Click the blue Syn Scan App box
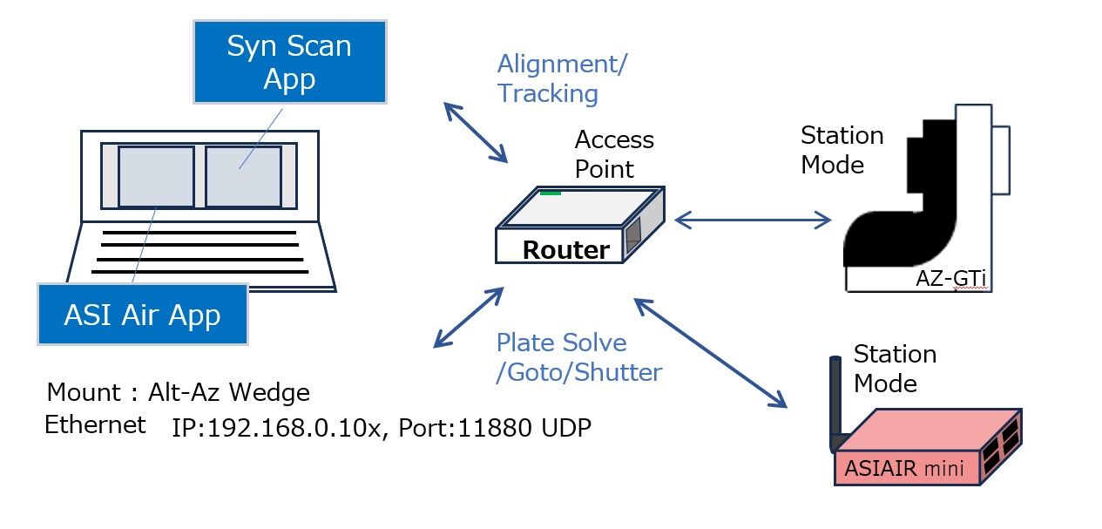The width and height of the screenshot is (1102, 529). [288, 63]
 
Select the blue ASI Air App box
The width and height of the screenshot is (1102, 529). [142, 314]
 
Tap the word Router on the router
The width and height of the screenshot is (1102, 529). [565, 250]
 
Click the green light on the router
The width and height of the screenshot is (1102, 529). [550, 192]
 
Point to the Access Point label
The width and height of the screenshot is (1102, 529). [613, 154]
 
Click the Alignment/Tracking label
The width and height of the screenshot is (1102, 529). [561, 78]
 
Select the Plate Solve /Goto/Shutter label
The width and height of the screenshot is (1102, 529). [578, 357]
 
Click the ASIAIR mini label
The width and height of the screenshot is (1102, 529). [903, 469]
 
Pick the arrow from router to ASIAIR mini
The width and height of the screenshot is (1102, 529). [710, 353]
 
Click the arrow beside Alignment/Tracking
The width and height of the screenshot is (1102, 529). [476, 132]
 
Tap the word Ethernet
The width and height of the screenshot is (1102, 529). [96, 425]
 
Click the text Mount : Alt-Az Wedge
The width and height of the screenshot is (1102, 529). [178, 392]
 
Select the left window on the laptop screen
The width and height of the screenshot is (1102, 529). [156, 177]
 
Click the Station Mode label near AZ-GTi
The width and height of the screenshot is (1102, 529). [842, 150]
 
